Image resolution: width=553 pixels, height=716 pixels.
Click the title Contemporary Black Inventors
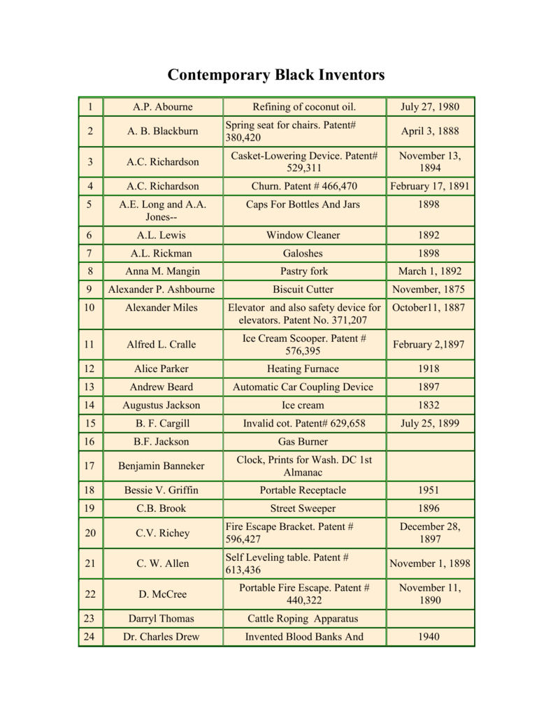[x=276, y=75]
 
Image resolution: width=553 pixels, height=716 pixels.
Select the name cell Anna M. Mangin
[x=162, y=271]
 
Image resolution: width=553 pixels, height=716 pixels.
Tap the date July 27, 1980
[x=430, y=107]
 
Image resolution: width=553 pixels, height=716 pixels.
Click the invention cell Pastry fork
[x=304, y=271]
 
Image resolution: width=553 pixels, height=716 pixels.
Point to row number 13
[x=89, y=387]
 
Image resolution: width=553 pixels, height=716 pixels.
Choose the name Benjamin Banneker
[x=162, y=466]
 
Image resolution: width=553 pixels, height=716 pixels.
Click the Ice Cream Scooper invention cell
[x=304, y=344]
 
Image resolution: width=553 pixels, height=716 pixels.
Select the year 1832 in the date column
[x=430, y=405]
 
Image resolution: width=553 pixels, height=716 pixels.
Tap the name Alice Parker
[x=162, y=368]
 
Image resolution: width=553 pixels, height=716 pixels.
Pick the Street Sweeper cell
[x=304, y=508]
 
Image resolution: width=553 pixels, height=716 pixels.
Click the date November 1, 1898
[x=430, y=564]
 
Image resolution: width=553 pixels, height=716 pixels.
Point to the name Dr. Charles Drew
[x=162, y=637]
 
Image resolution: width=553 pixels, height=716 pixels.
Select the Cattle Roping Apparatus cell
[x=304, y=619]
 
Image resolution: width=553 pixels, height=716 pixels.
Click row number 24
[x=89, y=637]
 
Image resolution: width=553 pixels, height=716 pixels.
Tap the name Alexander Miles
[x=162, y=308]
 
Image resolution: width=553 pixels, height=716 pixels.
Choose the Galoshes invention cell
[x=304, y=253]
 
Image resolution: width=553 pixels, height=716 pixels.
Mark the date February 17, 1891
[x=430, y=186]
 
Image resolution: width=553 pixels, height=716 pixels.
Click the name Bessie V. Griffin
[x=162, y=490]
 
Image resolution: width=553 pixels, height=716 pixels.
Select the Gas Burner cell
[x=304, y=441]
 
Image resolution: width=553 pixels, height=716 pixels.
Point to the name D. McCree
[x=162, y=594]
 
